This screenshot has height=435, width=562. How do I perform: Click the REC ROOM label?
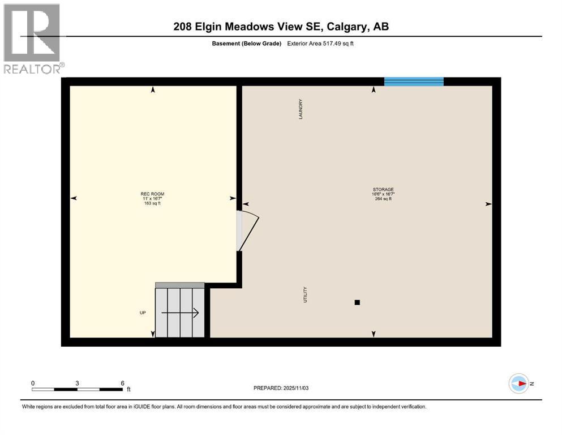click(x=153, y=194)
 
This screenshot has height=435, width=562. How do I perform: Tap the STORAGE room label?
click(x=383, y=190)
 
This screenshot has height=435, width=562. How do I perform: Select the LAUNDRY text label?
click(x=301, y=109)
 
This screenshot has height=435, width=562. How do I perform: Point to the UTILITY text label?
click(x=305, y=294)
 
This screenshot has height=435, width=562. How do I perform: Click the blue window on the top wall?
click(x=414, y=82)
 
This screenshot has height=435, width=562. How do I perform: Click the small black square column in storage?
click(x=357, y=302)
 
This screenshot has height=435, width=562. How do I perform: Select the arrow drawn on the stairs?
click(x=180, y=312)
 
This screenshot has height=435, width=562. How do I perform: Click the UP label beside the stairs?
click(x=143, y=312)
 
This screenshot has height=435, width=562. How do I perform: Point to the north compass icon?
click(x=518, y=383)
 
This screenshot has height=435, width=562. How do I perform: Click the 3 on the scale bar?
click(x=77, y=383)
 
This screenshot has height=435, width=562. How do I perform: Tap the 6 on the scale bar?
click(x=122, y=383)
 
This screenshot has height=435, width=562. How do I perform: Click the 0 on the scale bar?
click(x=33, y=383)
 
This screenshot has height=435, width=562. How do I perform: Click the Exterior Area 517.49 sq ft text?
click(x=323, y=44)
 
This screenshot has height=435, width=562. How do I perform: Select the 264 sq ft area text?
click(x=383, y=199)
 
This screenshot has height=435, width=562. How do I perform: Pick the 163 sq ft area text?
click(x=153, y=203)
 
